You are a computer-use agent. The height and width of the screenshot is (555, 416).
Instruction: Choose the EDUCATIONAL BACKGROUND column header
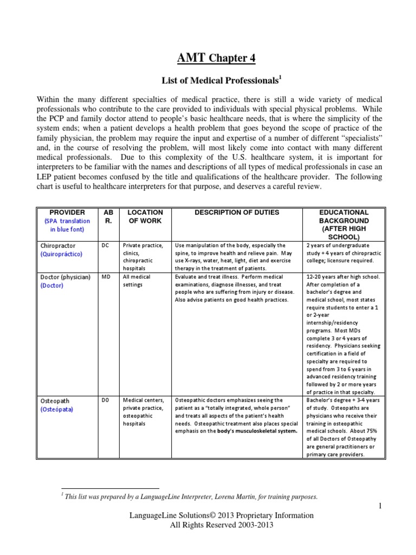point(344,224)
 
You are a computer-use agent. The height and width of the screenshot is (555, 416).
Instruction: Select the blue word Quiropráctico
point(63,254)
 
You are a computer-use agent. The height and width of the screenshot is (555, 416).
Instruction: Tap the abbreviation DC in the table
point(106,246)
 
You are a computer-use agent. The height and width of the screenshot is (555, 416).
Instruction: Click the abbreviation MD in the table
point(106,277)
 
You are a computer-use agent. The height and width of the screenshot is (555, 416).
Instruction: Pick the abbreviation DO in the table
point(106,401)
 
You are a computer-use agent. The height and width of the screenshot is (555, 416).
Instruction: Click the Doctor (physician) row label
point(66,277)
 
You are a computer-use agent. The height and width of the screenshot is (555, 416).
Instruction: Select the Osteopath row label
point(56,401)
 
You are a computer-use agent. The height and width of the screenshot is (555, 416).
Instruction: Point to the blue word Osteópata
point(57,409)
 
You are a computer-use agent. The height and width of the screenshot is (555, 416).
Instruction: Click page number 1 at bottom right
point(381,506)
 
